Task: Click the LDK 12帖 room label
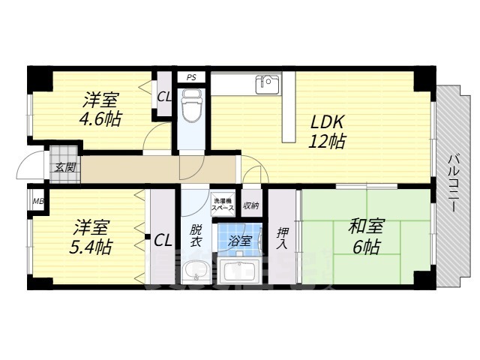tap(328, 130)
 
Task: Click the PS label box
tap(192, 76)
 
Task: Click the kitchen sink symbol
tap(267, 83)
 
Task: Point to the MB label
tap(37, 201)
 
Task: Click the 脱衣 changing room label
tap(195, 235)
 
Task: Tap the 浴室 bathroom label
tap(239, 241)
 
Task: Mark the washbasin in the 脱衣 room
tap(196, 271)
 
